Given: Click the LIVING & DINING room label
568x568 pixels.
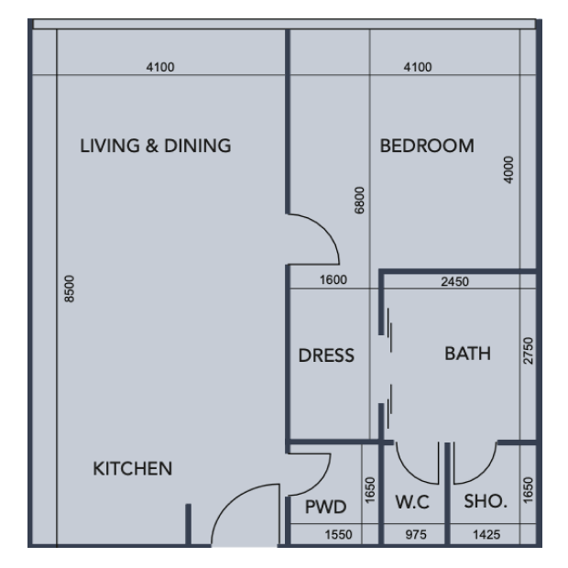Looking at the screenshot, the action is point(156,146).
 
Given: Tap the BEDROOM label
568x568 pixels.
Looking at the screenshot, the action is point(427,146).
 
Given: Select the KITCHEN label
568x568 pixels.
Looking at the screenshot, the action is point(133,468).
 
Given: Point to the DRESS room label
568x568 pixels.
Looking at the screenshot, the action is point(326,355).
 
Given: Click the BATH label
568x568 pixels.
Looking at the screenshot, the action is point(467,354).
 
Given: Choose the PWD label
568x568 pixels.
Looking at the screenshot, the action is point(325,507).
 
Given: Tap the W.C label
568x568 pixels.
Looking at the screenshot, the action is point(412,502).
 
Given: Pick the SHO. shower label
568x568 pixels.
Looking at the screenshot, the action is point(486,501).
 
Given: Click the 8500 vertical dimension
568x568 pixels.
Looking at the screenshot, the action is point(70,289).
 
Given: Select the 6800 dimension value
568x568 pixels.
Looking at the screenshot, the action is point(359,201).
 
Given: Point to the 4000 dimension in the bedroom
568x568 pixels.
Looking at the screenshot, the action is point(509,169).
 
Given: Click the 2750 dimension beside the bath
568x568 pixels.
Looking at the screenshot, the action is point(529,351).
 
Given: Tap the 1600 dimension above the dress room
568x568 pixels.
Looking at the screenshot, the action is point(333,279).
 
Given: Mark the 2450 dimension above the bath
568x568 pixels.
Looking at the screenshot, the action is point(454,281).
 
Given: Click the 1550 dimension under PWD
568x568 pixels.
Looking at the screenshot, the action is point(338,534).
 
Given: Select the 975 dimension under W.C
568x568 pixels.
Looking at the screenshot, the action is point(416,534).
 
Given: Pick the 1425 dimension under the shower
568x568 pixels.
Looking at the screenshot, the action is point(486,534).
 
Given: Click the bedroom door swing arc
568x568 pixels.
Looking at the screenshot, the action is point(324,228).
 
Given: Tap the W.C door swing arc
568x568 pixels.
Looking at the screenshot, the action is point(408,471).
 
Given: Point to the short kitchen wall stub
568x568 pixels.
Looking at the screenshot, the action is point(188,524).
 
